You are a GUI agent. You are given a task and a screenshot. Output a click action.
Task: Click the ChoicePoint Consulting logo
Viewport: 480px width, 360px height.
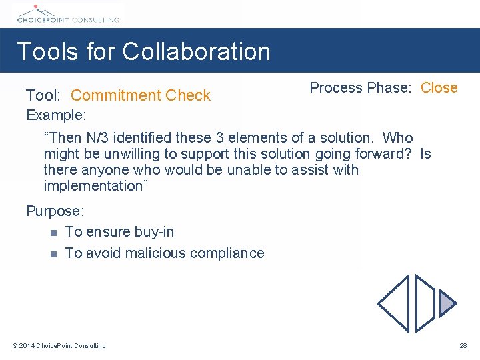(67, 15)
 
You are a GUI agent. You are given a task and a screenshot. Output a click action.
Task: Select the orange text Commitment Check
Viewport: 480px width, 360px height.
(141, 95)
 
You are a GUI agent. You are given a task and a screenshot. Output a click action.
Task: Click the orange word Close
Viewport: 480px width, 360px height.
(439, 88)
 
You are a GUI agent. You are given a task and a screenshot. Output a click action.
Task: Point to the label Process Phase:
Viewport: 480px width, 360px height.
(361, 88)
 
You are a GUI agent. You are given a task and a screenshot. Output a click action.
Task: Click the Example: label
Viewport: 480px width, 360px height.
(56, 115)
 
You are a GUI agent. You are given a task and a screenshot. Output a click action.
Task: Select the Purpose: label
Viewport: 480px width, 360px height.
(55, 211)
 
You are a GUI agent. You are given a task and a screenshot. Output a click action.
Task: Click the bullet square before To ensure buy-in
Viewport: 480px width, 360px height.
(53, 233)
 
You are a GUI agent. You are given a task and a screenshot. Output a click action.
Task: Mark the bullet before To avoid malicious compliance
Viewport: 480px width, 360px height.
(53, 254)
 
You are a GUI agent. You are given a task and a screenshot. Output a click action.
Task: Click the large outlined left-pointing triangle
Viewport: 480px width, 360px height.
(395, 304)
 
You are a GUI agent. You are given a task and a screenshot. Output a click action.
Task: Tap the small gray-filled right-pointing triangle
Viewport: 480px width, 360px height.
(447, 304)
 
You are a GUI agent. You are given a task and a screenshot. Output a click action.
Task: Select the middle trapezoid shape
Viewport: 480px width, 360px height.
(425, 304)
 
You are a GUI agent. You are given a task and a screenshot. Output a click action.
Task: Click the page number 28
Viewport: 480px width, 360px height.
(463, 345)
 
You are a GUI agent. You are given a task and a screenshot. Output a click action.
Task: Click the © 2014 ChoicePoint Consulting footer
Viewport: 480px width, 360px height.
(59, 345)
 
